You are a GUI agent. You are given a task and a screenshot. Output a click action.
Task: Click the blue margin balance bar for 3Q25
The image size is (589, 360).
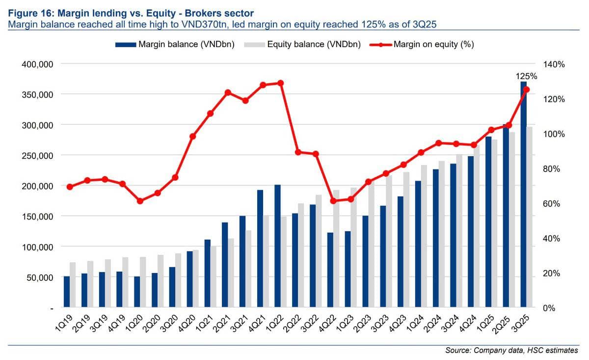[524, 194]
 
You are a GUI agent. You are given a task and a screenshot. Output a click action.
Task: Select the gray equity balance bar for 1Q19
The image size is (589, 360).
[73, 285]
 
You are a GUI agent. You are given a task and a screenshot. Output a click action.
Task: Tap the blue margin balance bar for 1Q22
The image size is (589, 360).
[277, 246]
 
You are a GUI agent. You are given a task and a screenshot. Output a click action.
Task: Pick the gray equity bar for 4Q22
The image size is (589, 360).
[336, 249]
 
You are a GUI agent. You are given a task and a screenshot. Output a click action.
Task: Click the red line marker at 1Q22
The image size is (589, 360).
[281, 83]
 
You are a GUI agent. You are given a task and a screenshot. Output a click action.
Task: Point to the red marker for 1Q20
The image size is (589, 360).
[140, 201]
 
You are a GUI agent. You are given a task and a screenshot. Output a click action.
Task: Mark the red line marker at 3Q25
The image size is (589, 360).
[526, 90]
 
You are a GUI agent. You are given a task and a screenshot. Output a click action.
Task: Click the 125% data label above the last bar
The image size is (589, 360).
[526, 76]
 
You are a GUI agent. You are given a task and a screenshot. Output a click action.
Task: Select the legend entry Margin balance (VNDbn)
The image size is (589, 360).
[175, 44]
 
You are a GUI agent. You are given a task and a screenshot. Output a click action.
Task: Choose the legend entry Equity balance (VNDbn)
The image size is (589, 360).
[302, 44]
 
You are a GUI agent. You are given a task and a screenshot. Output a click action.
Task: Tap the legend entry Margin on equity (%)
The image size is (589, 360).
[422, 44]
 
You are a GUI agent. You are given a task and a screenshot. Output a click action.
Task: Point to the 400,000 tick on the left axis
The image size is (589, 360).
[37, 64]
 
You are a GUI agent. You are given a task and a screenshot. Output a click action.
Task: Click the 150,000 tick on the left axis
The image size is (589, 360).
[37, 217]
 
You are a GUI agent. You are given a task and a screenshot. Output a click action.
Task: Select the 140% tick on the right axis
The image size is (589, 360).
[554, 64]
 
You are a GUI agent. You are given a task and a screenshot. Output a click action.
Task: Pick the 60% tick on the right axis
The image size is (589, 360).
[551, 203]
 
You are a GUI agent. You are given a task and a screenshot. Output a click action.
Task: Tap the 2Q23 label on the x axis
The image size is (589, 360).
[362, 324]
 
